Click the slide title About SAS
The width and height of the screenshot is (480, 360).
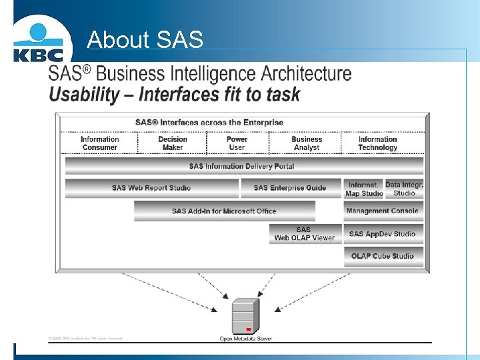[x=145, y=40]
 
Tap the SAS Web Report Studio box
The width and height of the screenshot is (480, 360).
[x=151, y=188]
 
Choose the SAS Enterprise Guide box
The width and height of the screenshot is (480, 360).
[x=290, y=188]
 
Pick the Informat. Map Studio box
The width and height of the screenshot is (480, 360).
[x=364, y=189]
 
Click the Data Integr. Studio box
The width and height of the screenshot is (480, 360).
[x=404, y=189]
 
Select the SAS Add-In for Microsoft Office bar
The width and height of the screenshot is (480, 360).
[x=224, y=211]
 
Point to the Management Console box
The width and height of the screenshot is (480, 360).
[x=383, y=211]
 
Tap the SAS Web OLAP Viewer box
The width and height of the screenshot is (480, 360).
[x=304, y=233]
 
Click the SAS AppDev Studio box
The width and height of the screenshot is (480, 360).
[x=383, y=234]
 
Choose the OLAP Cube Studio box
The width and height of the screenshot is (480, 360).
[x=383, y=256]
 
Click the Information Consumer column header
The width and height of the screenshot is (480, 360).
[x=100, y=143]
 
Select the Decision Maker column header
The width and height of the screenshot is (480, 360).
[x=172, y=143]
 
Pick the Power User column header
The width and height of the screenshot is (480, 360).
[x=237, y=143]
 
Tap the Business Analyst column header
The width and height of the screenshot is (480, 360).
[x=307, y=143]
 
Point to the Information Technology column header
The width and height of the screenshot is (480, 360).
[x=377, y=143]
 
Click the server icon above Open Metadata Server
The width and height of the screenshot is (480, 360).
[x=245, y=317]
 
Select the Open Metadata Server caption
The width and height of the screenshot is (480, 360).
[x=245, y=339]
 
